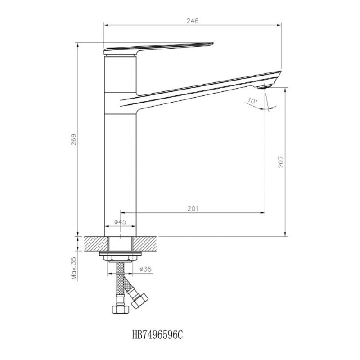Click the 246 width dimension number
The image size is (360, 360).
pyautogui.click(x=193, y=21)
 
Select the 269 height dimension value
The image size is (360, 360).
pyautogui.click(x=74, y=139)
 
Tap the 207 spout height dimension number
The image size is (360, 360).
pyautogui.click(x=281, y=162)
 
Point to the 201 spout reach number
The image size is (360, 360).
pyautogui.click(x=193, y=208)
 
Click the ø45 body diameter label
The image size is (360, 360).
pyautogui.click(x=120, y=222)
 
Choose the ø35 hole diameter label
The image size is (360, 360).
pyautogui.click(x=145, y=269)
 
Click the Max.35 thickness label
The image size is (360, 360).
pyautogui.click(x=74, y=268)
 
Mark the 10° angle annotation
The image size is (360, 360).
pyautogui.click(x=252, y=101)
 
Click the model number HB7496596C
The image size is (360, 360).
pyautogui.click(x=157, y=335)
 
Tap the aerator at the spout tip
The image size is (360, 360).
pyautogui.click(x=264, y=86)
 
